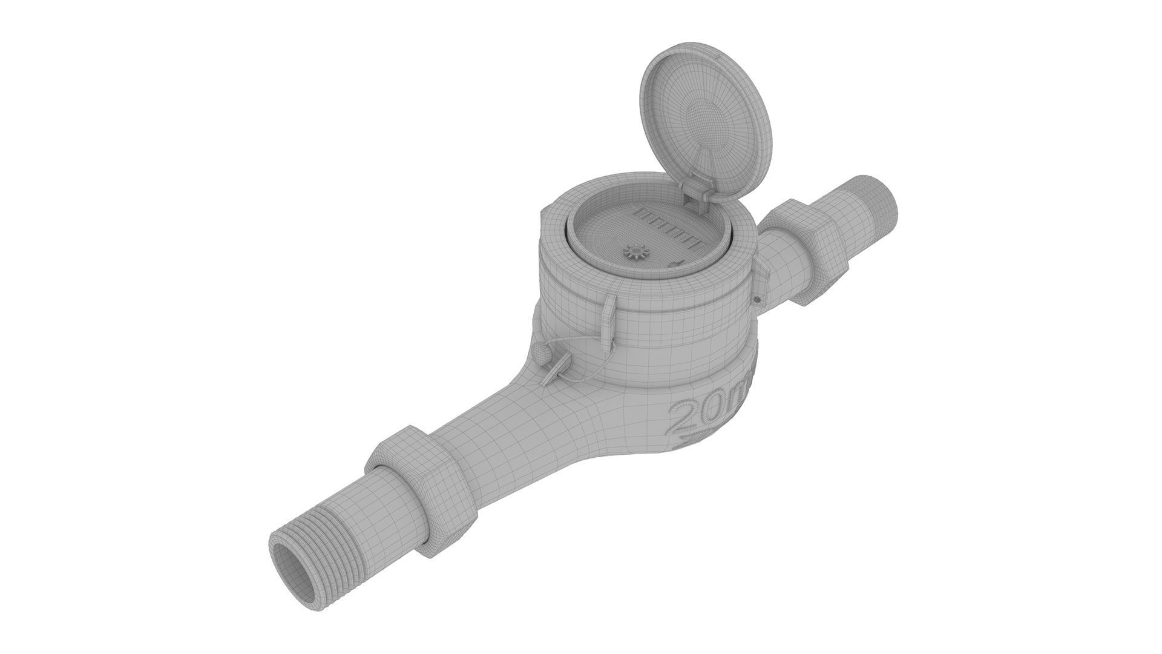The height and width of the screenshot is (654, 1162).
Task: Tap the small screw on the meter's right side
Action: click(756, 299)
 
